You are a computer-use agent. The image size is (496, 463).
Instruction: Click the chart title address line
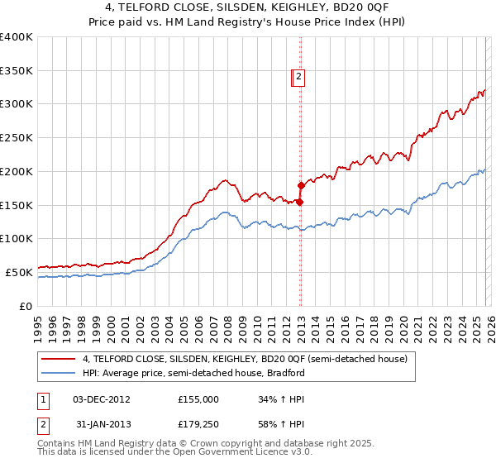point(248,7)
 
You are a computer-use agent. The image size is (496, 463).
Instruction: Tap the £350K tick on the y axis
point(17,71)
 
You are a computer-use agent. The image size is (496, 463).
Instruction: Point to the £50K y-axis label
point(19,272)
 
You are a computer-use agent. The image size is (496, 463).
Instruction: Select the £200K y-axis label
point(17,172)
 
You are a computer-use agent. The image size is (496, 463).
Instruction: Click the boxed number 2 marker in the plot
point(299,78)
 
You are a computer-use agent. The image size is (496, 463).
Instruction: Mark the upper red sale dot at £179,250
point(300,186)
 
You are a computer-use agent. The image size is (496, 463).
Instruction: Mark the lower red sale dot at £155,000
point(299,202)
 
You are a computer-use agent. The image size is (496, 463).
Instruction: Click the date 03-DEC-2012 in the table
point(101,399)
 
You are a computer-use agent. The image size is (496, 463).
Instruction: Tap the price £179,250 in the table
point(198,426)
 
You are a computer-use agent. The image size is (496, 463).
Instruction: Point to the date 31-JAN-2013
point(101,426)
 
